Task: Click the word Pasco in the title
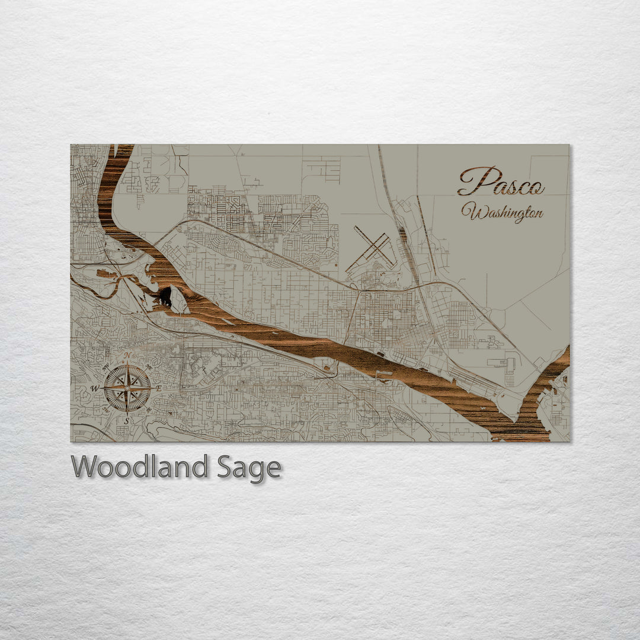(x=501, y=181)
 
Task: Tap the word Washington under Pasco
(x=503, y=212)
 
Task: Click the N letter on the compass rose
(x=127, y=356)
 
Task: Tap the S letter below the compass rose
(x=126, y=421)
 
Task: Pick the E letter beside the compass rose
(x=159, y=388)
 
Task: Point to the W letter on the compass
(x=94, y=388)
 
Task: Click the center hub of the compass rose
(x=127, y=388)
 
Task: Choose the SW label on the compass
(x=106, y=409)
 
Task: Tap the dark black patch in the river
(x=165, y=296)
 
